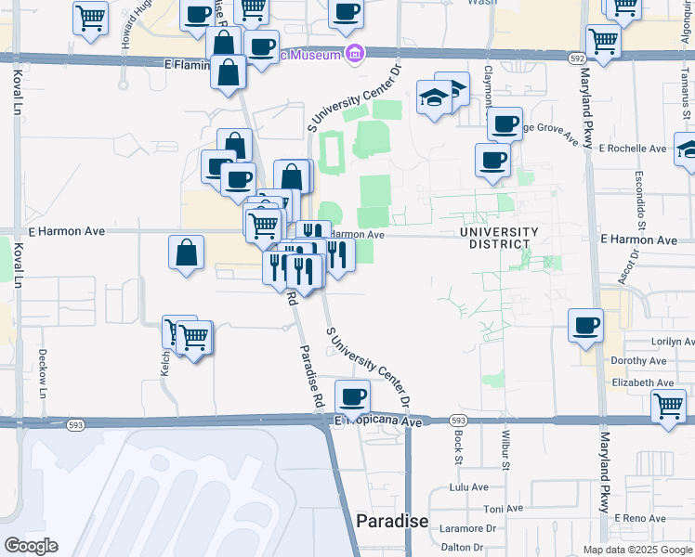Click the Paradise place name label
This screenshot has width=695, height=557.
tap(392, 521)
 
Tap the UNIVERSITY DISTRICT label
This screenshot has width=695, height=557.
tap(498, 238)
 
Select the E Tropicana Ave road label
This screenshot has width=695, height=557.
tap(379, 422)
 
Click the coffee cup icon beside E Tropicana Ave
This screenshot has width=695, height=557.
tap(352, 396)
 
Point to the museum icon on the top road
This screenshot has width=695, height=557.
tap(354, 54)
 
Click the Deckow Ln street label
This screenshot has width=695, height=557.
tap(43, 372)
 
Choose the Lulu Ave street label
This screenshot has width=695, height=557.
tap(468, 486)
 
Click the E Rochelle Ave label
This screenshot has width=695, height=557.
tap(633, 148)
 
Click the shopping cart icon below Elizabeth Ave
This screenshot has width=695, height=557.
tap(668, 405)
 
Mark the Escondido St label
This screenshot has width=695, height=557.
tap(641, 201)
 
